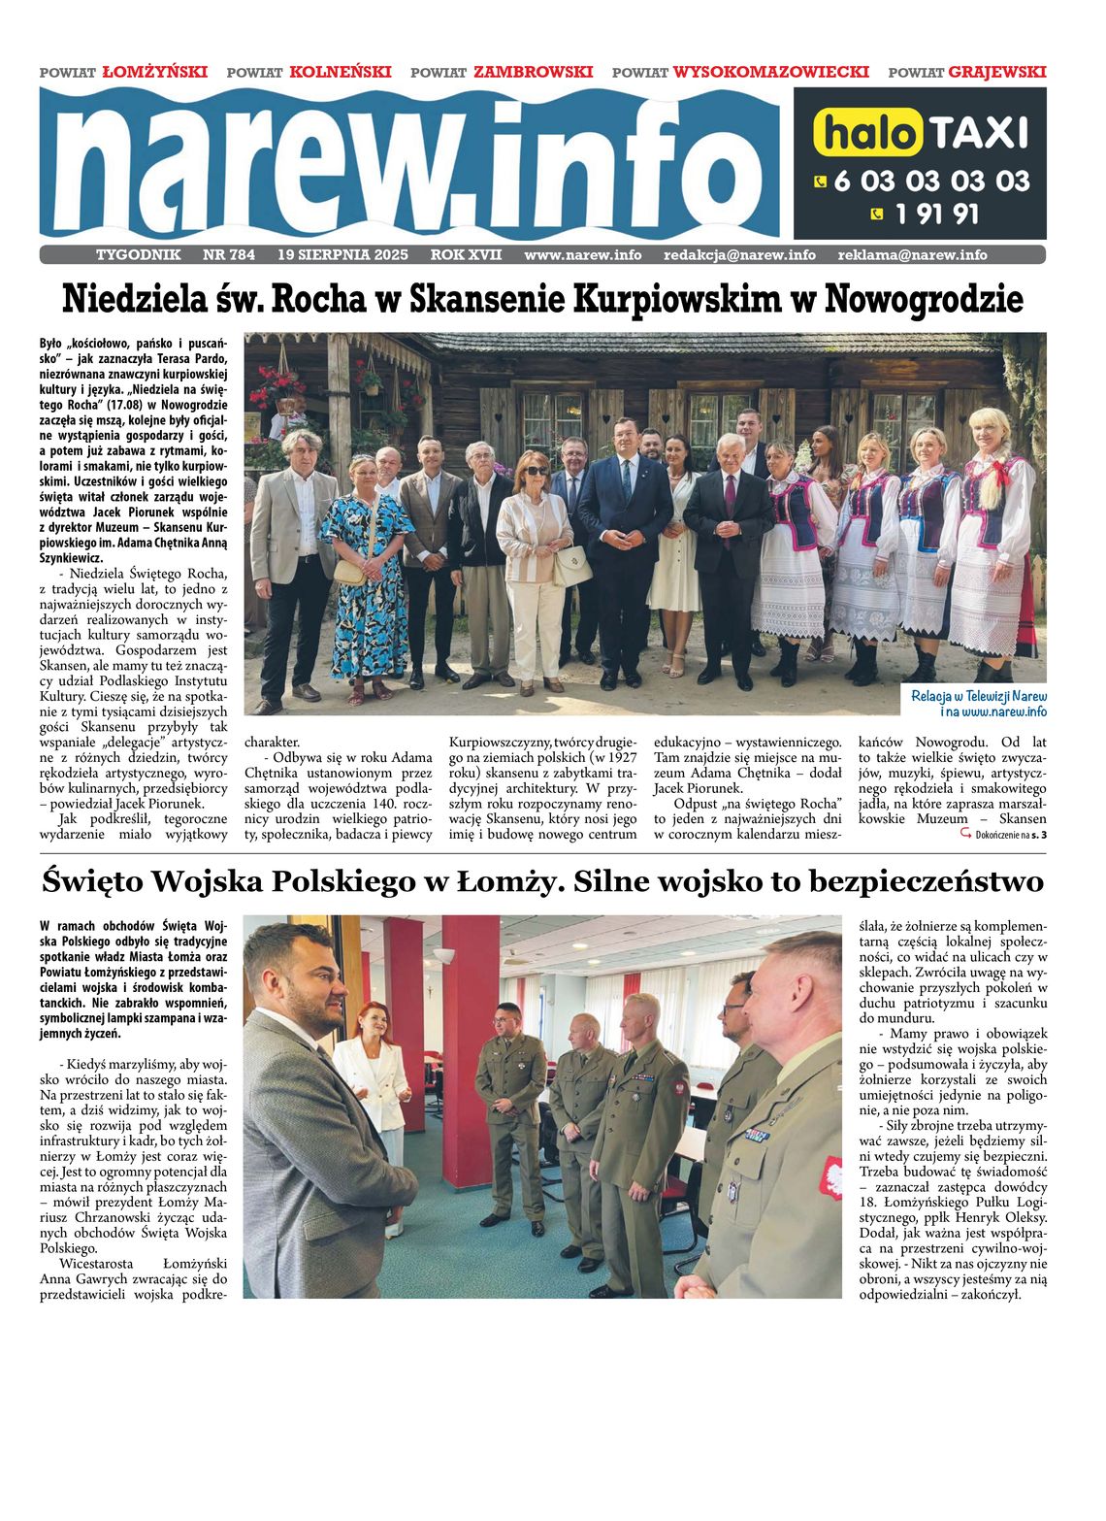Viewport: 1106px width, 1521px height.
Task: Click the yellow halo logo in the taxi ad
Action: pos(866,133)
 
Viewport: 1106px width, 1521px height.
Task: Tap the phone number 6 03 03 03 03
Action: pos(930,181)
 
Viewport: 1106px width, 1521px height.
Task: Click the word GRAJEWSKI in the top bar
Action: pos(996,72)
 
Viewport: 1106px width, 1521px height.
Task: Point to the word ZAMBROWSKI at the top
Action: pos(533,72)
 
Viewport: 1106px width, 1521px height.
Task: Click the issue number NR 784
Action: pos(229,255)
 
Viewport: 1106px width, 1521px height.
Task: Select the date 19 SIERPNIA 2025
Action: pos(342,255)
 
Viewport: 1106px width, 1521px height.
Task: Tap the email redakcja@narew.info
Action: pos(739,255)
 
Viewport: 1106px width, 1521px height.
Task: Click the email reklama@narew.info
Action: pos(912,255)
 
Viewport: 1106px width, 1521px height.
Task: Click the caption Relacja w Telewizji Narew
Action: pos(979,696)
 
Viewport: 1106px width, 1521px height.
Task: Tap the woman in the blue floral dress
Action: pos(371,582)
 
